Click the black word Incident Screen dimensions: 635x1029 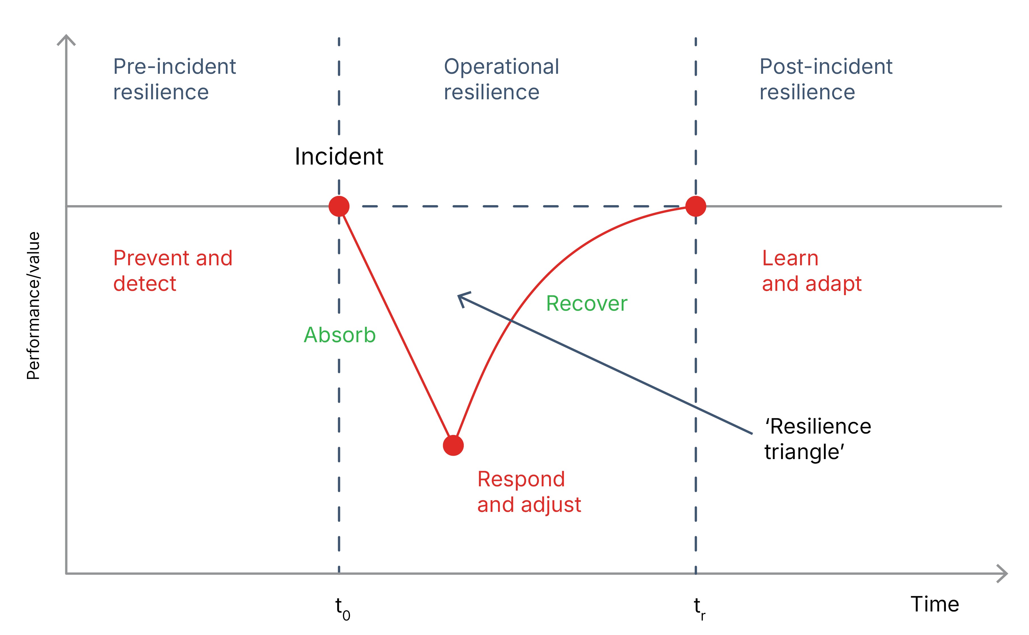339,157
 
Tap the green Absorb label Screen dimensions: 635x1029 340,335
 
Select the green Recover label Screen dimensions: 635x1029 587,303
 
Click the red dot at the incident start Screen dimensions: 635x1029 339,206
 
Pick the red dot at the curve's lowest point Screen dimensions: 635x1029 453,445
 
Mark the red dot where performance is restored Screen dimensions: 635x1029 696,206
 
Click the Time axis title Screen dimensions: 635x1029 935,604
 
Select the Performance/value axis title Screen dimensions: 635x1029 33,306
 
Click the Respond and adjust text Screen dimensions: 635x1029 529,491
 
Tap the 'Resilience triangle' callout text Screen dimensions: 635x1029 817,439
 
